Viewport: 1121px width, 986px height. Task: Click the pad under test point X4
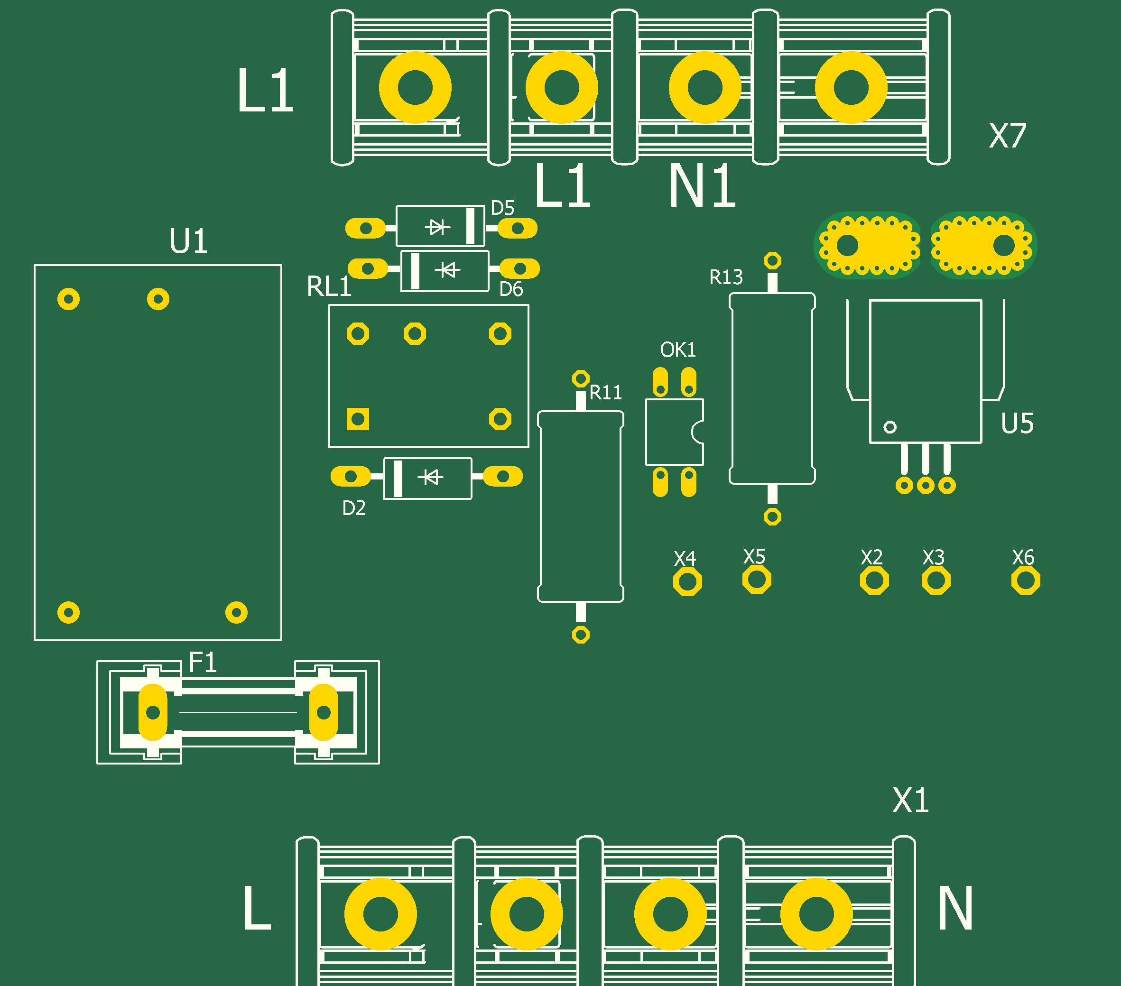point(687,582)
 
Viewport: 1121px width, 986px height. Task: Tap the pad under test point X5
point(757,580)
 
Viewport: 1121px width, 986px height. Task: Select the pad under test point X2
point(874,581)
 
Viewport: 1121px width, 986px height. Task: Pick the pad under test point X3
point(936,581)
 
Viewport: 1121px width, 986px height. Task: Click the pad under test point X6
point(1026,581)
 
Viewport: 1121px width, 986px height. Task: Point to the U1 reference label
point(188,241)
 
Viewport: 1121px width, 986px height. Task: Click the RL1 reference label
point(328,287)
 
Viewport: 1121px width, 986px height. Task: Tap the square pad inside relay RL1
point(358,419)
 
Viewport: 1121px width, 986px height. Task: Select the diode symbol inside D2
point(431,477)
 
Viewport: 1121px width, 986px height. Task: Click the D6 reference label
point(510,289)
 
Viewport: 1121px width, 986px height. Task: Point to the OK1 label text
point(678,350)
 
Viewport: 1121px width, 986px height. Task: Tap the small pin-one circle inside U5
point(890,427)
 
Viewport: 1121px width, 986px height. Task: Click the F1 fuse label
point(203,663)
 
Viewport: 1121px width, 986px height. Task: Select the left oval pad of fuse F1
point(153,712)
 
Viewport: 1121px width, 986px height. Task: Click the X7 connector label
point(1007,136)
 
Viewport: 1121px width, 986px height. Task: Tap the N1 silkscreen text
point(702,186)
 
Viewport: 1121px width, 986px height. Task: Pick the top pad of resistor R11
point(580,378)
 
